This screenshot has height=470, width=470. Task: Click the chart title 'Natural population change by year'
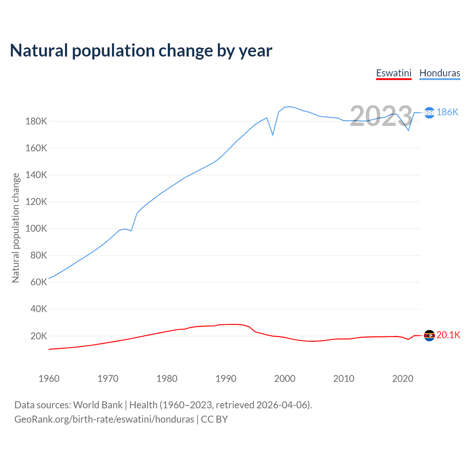141,51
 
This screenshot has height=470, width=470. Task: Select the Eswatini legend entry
394,73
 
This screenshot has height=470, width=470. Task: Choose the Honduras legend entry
440,73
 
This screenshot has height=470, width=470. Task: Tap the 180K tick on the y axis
36,121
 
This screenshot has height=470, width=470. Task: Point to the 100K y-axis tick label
36,228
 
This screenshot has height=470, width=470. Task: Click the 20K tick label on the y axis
39,336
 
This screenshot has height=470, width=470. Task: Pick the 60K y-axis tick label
39,282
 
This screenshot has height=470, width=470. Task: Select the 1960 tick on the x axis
49,379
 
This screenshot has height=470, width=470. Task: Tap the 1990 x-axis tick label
226,379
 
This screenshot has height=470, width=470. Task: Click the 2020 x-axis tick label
403,379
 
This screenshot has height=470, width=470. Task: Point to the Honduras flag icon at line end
429,112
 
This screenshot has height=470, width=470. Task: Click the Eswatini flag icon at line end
429,335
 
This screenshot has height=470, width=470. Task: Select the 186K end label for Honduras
447,112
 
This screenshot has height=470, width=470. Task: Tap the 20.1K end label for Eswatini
448,335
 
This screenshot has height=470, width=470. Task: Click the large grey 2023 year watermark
381,116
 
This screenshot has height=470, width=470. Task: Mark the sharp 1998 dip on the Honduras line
273,135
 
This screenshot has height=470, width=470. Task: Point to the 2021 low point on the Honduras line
408,130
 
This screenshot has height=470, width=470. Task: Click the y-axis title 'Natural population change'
16,228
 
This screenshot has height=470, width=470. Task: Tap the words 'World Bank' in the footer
98,405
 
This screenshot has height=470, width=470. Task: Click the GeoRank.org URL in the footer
104,419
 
